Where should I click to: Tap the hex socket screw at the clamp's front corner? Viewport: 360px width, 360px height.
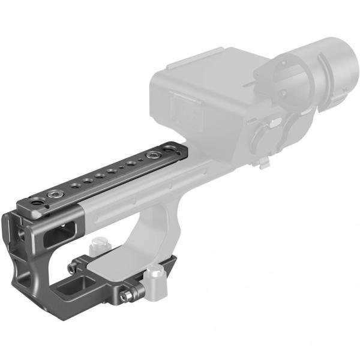127,296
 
